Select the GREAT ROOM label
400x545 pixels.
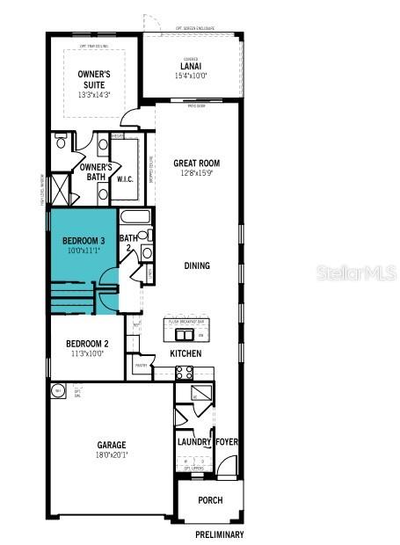(196, 163)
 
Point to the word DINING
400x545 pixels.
(197, 265)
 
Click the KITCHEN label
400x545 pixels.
(185, 353)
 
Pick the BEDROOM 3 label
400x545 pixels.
(84, 240)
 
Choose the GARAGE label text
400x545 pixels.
(112, 445)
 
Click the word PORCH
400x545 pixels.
(209, 500)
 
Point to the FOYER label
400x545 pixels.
(227, 442)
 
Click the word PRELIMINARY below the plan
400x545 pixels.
(220, 534)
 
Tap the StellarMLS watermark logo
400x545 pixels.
(356, 272)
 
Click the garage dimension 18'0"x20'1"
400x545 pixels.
(112, 455)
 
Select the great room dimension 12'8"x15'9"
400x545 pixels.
(196, 173)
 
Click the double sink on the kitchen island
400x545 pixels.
(185, 335)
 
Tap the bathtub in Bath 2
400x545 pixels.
(135, 216)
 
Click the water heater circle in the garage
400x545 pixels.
(58, 390)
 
